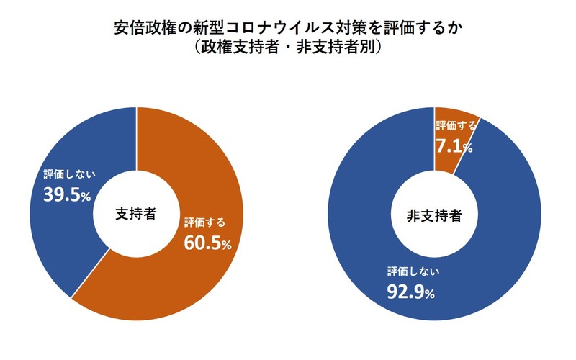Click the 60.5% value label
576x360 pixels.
(207, 243)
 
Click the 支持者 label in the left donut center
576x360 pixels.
(136, 214)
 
